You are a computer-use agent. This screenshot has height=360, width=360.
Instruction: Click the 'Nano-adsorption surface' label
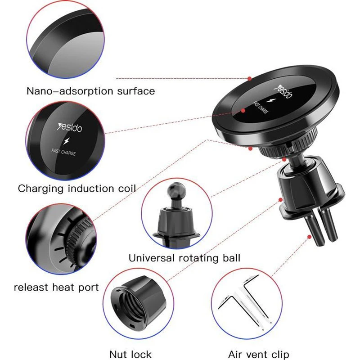pyautogui.click(x=91, y=91)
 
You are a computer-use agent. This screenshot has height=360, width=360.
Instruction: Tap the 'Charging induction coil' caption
pyautogui.click(x=77, y=189)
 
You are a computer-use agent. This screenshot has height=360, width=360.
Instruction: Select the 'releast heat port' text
pyautogui.click(x=56, y=288)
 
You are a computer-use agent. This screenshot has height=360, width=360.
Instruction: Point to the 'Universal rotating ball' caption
pyautogui.click(x=184, y=258)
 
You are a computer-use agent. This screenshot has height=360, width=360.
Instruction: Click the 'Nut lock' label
pyautogui.click(x=130, y=354)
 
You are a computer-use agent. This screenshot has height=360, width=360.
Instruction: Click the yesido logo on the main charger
pyautogui.click(x=284, y=92)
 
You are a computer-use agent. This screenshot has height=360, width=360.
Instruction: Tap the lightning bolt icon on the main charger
pyautogui.click(x=272, y=100)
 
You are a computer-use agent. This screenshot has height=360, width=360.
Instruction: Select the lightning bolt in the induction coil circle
pyautogui.click(x=67, y=141)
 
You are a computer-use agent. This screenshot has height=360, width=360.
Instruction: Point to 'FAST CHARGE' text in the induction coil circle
pyautogui.click(x=63, y=152)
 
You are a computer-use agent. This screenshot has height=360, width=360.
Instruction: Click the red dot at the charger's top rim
pyautogui.click(x=250, y=78)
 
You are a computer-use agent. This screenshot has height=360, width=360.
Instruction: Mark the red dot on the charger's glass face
pyautogui.click(x=243, y=111)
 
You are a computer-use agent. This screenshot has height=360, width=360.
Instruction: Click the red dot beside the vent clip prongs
pyautogui.click(x=310, y=237)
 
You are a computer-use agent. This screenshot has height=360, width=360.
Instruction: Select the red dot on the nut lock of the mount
pyautogui.click(x=280, y=200)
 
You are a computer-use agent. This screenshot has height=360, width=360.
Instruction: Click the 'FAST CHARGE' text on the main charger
pyautogui.click(x=260, y=108)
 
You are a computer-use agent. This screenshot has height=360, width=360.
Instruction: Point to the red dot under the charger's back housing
pyautogui.click(x=251, y=149)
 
